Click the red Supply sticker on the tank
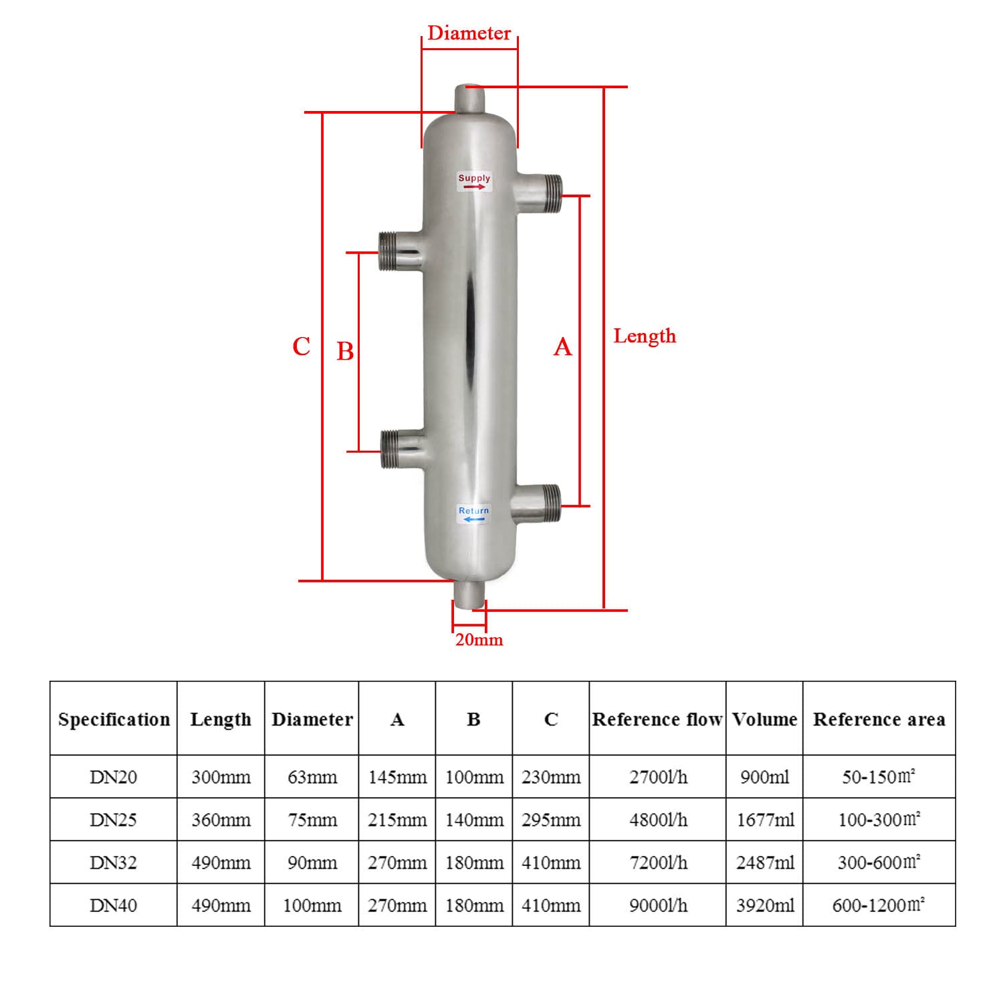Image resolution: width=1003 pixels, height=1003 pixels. point(474,181)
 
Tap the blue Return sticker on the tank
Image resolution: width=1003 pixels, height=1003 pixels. point(474,514)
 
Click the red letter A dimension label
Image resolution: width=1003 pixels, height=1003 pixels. point(563,347)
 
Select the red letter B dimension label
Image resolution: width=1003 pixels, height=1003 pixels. point(345,351)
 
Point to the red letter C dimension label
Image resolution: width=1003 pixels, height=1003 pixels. point(302,346)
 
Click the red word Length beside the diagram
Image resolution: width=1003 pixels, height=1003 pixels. point(645,336)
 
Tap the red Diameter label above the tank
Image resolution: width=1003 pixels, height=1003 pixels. point(469,33)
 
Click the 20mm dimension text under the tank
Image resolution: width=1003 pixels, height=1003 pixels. point(479,640)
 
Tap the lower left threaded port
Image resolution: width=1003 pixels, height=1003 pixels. point(400,449)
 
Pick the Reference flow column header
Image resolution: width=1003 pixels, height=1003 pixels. point(657,719)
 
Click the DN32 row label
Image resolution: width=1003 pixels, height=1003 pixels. point(113,863)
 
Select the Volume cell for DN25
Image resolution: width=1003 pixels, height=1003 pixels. point(764,820)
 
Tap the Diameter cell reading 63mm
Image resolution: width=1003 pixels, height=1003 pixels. point(312,777)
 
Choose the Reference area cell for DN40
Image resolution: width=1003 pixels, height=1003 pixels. point(879,905)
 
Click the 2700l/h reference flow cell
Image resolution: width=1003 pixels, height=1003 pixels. point(657,777)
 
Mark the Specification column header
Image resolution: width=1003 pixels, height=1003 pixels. point(114,719)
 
